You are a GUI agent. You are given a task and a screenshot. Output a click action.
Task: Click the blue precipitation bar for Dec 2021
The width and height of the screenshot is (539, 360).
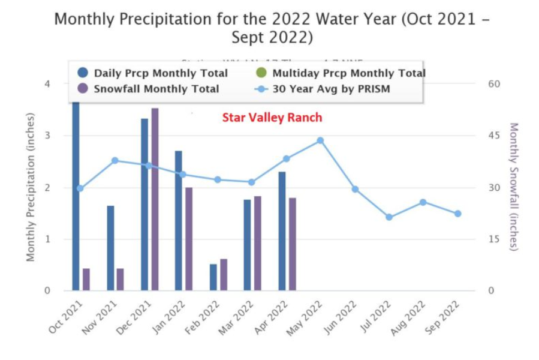coord(144,205)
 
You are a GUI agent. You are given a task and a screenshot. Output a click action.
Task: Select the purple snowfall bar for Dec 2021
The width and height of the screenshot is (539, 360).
coord(155,199)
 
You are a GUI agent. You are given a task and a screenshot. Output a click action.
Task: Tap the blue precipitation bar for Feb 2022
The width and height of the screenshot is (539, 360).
coord(213,277)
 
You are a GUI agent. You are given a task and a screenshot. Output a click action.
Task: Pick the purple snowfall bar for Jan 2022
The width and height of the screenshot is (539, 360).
coord(189,239)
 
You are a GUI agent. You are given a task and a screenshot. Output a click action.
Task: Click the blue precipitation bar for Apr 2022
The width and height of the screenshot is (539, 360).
coord(282,231)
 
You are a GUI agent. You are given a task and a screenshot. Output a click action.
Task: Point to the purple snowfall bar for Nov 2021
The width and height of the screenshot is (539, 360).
coord(120,280)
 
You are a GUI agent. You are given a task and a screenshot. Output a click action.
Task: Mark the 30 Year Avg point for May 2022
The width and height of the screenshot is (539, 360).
coord(320,140)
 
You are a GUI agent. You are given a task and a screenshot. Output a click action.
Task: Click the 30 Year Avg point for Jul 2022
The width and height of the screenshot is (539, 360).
coord(389,217)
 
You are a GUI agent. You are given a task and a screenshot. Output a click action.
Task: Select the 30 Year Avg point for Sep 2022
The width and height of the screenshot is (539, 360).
coord(457,214)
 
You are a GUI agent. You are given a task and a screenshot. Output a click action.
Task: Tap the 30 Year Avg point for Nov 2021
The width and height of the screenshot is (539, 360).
coord(115,160)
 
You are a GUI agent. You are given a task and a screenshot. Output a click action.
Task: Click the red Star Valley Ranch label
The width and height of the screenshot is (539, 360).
coord(272,118)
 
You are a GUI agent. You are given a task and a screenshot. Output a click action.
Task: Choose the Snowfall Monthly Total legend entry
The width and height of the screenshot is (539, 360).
coord(149,89)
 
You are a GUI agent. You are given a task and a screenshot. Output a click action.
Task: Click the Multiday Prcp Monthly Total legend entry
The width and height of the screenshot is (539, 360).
coord(341,73)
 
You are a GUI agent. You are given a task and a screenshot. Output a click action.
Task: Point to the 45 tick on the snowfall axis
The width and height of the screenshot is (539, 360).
coord(492,136)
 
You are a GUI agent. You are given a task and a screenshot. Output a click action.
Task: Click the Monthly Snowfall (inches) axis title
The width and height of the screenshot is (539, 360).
coord(513,186)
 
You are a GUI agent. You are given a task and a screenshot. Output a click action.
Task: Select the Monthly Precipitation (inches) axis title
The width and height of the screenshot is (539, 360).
coord(31,187)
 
